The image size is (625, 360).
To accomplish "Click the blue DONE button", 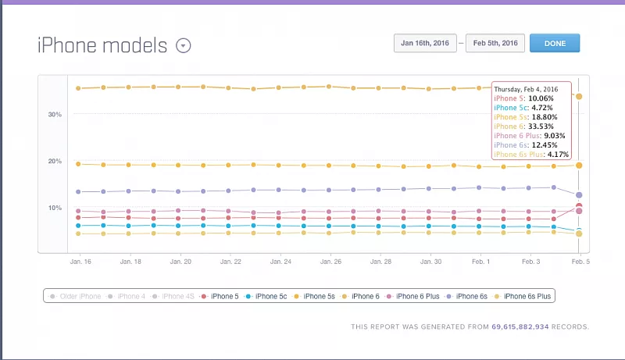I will pos(554,43).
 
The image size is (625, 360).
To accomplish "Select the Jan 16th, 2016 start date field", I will pos(425,43).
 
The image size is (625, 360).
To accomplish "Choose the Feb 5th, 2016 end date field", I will pos(495,43).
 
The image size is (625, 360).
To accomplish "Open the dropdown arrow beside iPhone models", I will pos(183,45).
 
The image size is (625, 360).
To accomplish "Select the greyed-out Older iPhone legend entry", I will pos(77,296).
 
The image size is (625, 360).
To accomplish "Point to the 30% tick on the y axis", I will pos(55,114).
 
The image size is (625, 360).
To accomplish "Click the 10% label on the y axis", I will pos(55,208).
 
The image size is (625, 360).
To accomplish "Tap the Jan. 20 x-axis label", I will pos(180,262).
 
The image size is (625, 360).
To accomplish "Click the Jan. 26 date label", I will pos(330,262).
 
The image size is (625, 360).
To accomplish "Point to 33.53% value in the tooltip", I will pos(542,126).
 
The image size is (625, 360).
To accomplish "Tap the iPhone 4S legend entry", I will pos(175,296).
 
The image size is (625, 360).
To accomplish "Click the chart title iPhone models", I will pos(102,45).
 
